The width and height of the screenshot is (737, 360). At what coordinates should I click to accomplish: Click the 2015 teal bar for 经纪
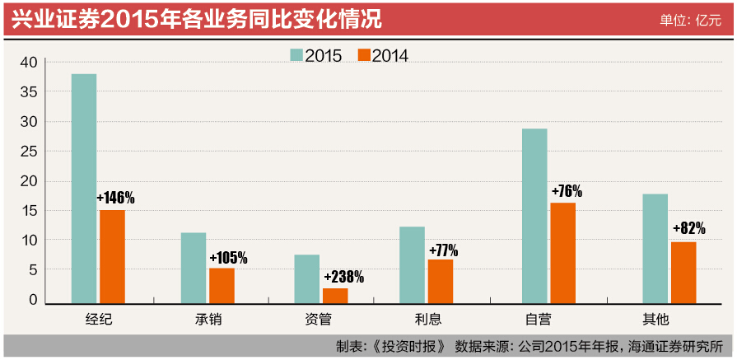tap(84, 189)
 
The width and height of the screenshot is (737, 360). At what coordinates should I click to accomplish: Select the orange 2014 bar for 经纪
tap(112, 256)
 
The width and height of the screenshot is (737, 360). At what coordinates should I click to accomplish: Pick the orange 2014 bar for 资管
tap(335, 295)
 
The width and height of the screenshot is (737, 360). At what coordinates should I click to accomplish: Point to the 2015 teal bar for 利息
tap(413, 264)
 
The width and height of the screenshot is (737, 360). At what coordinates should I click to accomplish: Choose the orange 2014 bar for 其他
tap(683, 272)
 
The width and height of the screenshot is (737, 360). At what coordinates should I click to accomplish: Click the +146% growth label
tap(115, 198)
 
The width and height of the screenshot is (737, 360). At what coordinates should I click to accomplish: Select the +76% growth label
tap(566, 191)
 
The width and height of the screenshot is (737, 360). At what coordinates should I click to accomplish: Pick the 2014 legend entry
tap(383, 55)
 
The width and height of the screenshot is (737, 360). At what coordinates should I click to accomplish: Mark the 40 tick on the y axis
tap(29, 63)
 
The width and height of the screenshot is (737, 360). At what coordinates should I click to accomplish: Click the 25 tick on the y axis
tap(29, 152)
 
